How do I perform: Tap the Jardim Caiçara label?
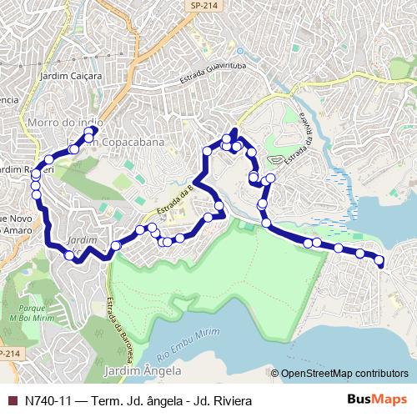pos(70,76)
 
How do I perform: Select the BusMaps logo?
pos(377,399)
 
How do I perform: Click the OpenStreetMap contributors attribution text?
pos(344,374)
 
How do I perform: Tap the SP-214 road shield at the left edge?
pos(8,354)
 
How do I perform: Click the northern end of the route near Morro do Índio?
pos(93,130)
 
